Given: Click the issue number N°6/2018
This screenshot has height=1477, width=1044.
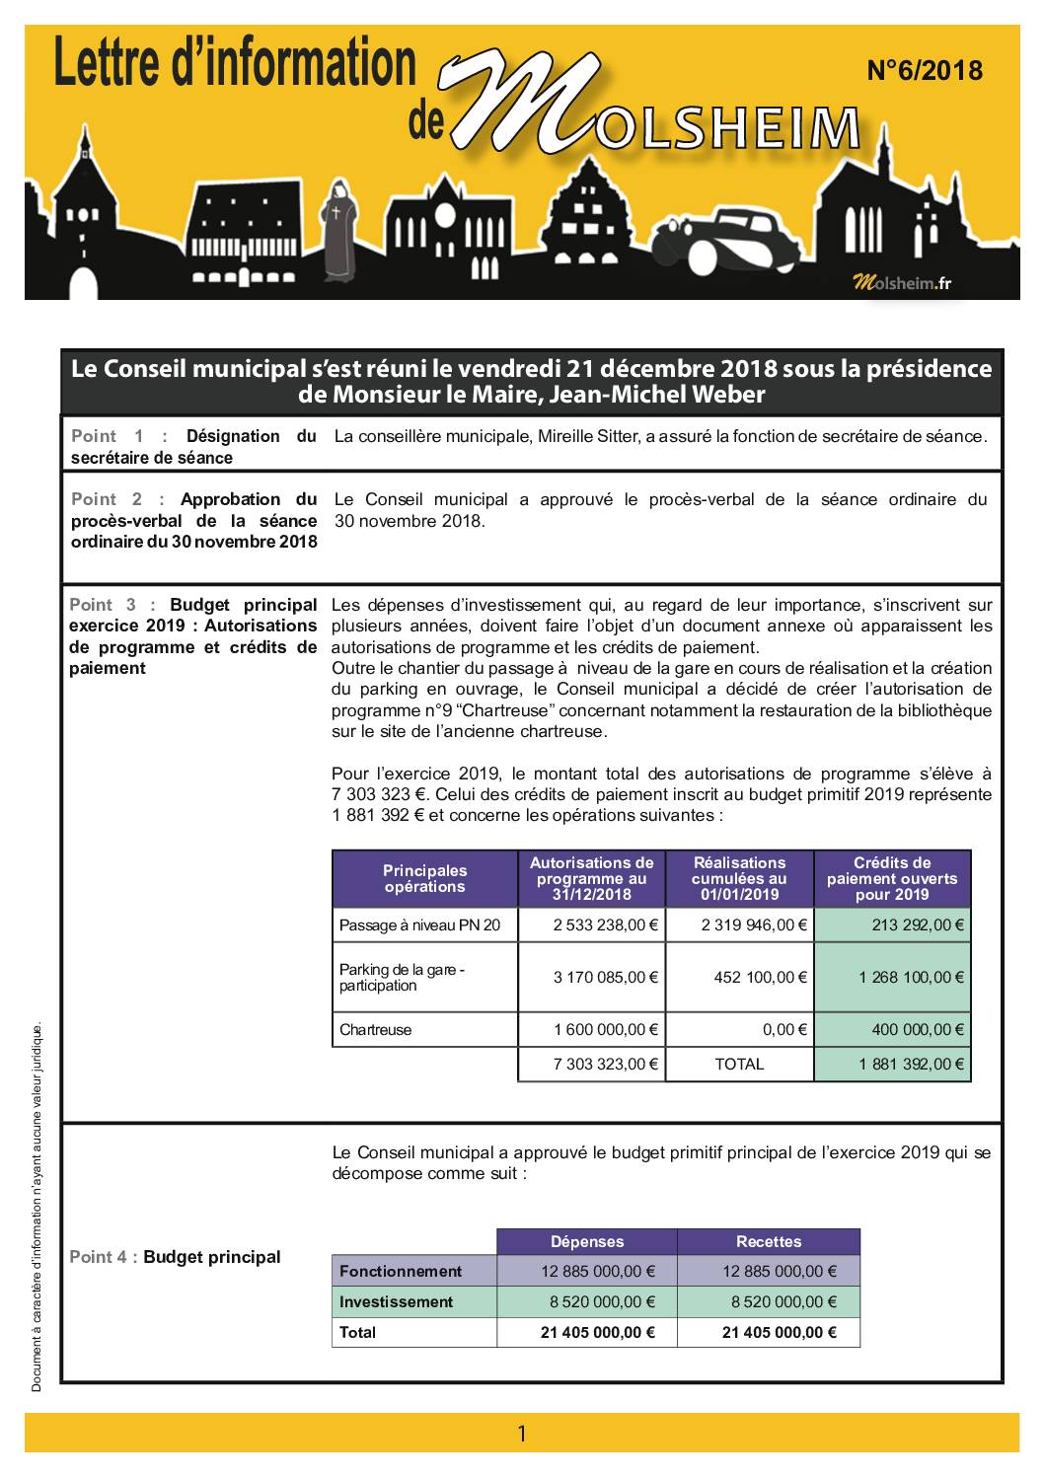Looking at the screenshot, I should click(x=924, y=70).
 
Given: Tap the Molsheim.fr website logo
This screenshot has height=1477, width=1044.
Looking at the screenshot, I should click(x=902, y=283).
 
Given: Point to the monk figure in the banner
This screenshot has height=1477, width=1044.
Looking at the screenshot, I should click(x=338, y=232).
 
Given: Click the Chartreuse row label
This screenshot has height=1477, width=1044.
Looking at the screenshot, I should click(x=376, y=1030).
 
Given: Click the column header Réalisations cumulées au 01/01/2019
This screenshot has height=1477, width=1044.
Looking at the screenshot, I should click(x=739, y=879).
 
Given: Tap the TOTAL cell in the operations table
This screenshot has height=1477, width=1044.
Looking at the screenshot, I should click(x=739, y=1065).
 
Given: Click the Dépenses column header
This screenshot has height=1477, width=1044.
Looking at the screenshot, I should click(x=587, y=1242).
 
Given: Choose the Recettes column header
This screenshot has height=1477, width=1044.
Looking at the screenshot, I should click(x=769, y=1242).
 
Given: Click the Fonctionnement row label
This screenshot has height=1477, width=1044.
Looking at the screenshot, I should click(x=401, y=1272).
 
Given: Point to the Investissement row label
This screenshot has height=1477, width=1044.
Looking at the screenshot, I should click(x=396, y=1302).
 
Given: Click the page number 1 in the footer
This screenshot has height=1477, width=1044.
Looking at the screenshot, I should click(x=522, y=1434).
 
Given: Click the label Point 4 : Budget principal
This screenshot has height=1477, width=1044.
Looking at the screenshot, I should click(x=175, y=1257).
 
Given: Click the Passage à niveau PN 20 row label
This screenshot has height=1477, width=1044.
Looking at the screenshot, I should click(x=419, y=925).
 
